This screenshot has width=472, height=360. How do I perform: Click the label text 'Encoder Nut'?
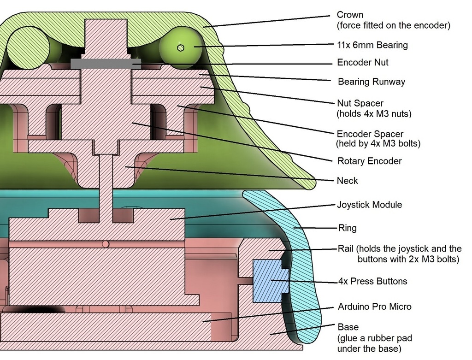tap(362, 62)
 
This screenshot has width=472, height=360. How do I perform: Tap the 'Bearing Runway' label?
tap(372, 82)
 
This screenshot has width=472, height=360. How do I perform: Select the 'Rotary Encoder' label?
tap(369, 161)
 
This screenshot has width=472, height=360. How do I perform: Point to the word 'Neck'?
tap(348, 181)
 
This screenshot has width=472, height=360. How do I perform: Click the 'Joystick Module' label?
tap(369, 205)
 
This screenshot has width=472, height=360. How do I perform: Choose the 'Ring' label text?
tap(348, 228)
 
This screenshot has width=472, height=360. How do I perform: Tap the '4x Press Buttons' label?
tap(372, 281)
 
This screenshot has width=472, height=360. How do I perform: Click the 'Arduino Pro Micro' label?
tap(374, 307)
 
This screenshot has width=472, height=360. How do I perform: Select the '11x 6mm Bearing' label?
tap(372, 45)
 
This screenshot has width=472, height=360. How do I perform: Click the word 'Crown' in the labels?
tap(350, 15)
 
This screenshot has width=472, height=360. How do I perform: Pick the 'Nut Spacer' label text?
tap(360, 103)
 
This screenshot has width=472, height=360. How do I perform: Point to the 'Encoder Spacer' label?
tap(370, 134)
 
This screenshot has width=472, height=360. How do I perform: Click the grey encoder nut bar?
tap(106, 64)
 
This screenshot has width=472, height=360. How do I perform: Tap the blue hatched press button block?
tap(270, 281)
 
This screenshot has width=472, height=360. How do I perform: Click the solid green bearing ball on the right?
tap(181, 48)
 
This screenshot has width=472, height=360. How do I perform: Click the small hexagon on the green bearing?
tap(180, 48)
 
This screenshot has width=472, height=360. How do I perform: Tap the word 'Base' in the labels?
tap(348, 327)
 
